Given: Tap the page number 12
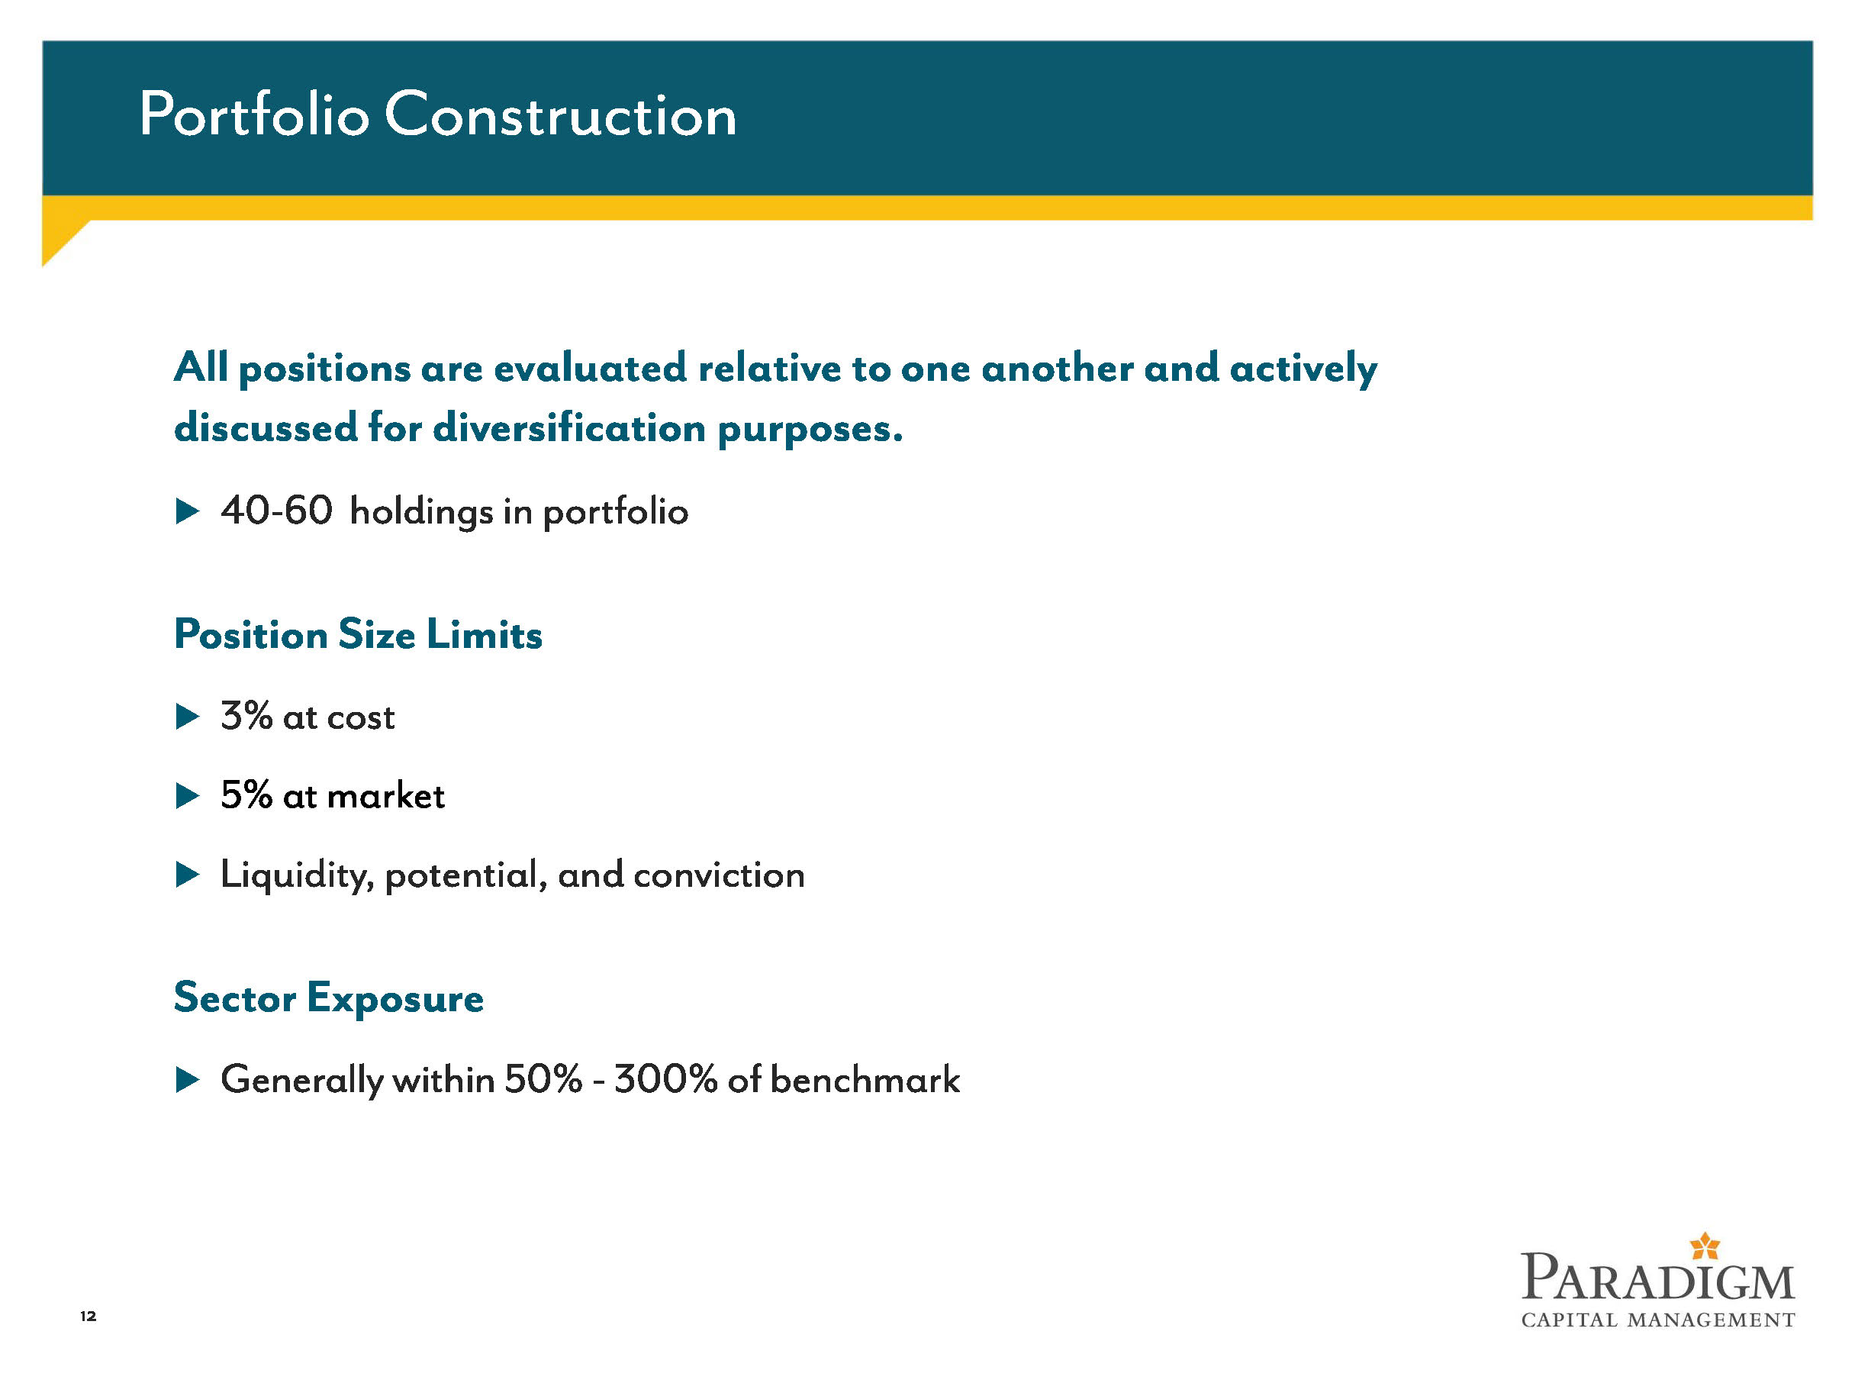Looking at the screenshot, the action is point(88,1316).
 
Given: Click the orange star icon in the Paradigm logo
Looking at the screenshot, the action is point(1705,1246).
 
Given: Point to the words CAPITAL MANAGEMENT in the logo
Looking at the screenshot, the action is point(1658,1320).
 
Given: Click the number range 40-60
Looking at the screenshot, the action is point(277,511).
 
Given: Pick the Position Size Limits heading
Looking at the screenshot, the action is point(358,634).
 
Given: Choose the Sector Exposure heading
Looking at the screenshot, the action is point(329,998).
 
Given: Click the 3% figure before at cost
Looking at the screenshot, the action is point(246,717).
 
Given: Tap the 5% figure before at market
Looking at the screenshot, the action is point(246,795).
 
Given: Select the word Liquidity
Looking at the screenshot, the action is point(297,875).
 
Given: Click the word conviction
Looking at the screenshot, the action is point(720,875).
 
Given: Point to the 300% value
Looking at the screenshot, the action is point(666,1079).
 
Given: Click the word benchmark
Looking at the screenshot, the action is point(865,1079).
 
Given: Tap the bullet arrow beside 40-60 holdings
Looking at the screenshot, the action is point(188,511).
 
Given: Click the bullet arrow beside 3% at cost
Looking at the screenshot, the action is point(188,717).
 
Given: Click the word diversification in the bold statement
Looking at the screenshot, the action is point(569,428).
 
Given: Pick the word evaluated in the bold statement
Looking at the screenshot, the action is point(591,368).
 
